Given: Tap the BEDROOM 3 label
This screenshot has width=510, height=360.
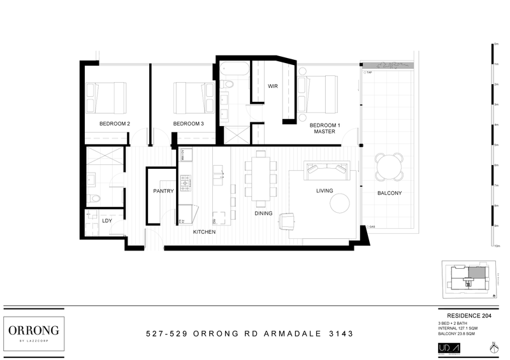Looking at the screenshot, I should click(x=188, y=124).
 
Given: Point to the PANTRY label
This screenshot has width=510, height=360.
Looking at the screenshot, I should click(x=164, y=191).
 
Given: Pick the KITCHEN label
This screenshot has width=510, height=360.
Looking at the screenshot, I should click(x=204, y=232).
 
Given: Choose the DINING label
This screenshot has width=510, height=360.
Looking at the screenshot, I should click(x=264, y=214).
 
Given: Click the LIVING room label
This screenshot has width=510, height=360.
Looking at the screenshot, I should click(x=326, y=191).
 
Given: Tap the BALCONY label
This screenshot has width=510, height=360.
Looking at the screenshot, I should click(x=389, y=193).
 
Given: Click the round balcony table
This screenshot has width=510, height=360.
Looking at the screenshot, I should click(x=389, y=167).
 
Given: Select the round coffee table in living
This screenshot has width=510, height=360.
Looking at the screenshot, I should click(x=340, y=203).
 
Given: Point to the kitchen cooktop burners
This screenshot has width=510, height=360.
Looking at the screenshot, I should click(x=186, y=183).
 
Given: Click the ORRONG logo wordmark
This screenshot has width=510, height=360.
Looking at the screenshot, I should click(x=34, y=329).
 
